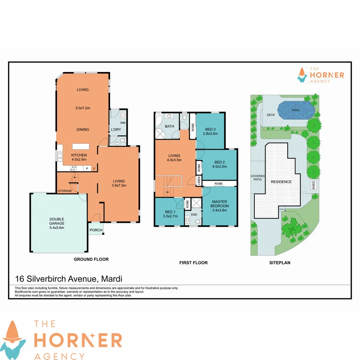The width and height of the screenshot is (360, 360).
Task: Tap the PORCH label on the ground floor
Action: [96, 230]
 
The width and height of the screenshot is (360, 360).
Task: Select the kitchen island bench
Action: [82, 147]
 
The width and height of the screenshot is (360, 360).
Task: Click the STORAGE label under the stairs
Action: [65, 191]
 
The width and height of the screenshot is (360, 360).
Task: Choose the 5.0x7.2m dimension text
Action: [82, 108]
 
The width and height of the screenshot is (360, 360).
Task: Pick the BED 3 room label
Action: [210, 129]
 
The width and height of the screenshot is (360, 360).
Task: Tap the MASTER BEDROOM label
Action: [219, 204]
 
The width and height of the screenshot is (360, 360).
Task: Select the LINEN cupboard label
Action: [199, 182]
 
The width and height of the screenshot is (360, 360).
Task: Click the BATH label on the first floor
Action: [170, 126]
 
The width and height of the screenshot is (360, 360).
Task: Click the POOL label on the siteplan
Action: [296, 110]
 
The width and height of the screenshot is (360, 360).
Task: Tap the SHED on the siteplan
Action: [314, 186]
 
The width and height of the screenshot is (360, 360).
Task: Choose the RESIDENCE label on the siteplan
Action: [281, 182]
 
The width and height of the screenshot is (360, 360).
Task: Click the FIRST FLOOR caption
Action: [193, 263]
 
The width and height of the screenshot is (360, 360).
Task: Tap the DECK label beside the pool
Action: [271, 115]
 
